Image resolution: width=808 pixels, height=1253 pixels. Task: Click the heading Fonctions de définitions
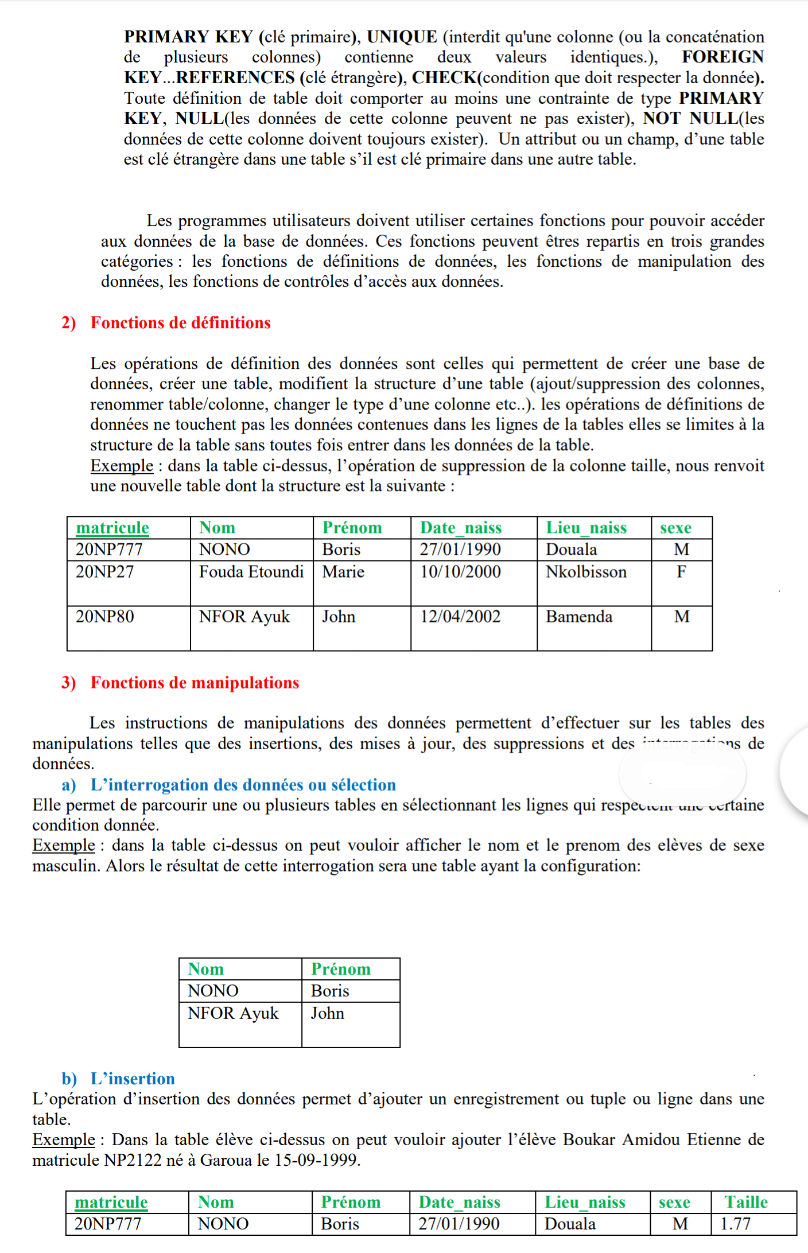point(180,323)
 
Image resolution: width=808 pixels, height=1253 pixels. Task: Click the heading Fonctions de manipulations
point(195,683)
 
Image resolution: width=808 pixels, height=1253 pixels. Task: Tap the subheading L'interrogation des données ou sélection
point(243,785)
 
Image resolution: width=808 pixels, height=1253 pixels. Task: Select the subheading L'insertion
point(133,1079)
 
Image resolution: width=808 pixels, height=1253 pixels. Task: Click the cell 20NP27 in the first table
point(105,572)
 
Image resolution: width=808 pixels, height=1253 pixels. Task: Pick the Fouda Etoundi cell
point(251,572)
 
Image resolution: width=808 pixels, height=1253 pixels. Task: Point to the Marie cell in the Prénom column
point(343,572)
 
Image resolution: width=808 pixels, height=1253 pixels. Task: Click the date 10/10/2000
point(460,572)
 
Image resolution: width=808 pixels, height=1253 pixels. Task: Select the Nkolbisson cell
point(586,572)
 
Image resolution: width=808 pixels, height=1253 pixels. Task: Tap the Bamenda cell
point(579,617)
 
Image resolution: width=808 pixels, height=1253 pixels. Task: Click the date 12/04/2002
point(460,617)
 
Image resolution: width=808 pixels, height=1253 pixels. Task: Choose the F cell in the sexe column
point(681,572)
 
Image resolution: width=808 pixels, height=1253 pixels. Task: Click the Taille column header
point(746,1202)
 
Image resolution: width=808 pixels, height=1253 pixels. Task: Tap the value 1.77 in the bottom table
point(736,1224)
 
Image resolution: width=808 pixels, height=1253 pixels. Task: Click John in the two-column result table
point(328,1013)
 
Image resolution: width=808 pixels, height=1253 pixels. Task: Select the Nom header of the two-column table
point(205,969)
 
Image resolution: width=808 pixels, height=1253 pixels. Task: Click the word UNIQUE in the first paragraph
point(402,37)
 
